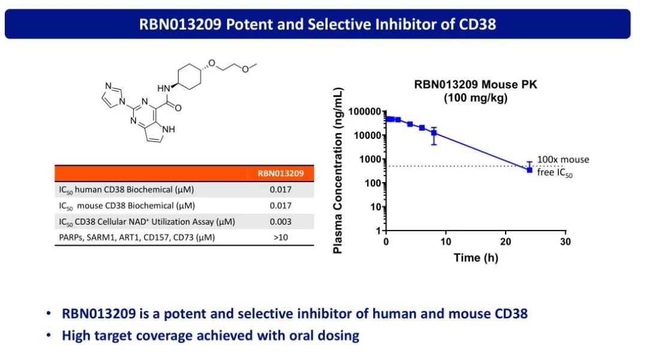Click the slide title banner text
coord(318,24)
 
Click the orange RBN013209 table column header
coord(280,174)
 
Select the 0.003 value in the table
coord(280,222)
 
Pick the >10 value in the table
coord(280,237)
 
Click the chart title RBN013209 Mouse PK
coord(476,84)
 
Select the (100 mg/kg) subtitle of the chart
coord(476,98)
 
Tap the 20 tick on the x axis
coord(505,241)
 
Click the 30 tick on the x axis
coord(565,241)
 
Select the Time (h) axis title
coord(476,258)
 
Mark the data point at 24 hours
coord(530,170)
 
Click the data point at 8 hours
coord(434,133)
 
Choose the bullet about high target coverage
coord(210,335)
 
